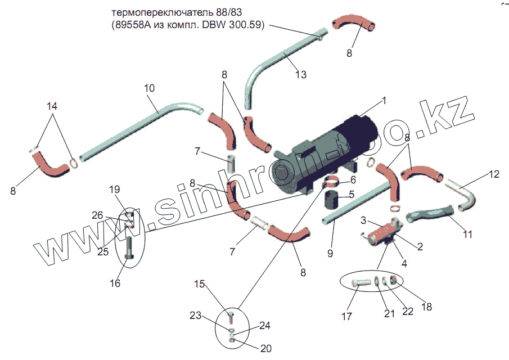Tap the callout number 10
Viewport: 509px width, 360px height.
click(x=150, y=89)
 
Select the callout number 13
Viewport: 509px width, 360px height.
click(x=301, y=74)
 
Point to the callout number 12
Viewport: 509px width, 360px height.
click(x=493, y=174)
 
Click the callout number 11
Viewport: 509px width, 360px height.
click(x=467, y=235)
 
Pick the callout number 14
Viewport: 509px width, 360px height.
click(x=52, y=106)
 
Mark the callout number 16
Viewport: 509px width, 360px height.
click(x=115, y=283)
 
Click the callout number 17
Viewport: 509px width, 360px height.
click(x=347, y=317)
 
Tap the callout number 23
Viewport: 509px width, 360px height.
click(x=195, y=316)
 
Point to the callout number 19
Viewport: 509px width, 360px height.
click(x=114, y=190)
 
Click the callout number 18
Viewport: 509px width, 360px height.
click(x=426, y=307)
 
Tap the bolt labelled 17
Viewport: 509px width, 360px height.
click(x=359, y=283)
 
